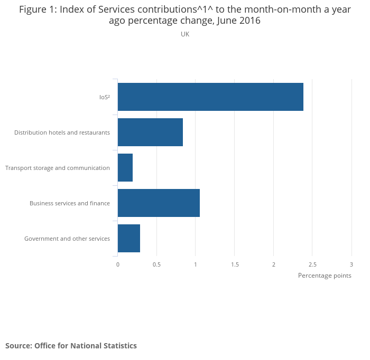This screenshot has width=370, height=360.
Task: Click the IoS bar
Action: tap(210, 97)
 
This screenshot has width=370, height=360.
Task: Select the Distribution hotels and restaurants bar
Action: tap(150, 132)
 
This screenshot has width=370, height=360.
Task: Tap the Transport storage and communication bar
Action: tap(125, 167)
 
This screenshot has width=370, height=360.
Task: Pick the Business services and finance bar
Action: tap(159, 203)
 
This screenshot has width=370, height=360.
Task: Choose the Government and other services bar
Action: tap(129, 238)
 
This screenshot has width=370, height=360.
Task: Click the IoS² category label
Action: tap(105, 97)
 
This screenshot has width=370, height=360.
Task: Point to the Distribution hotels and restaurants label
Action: tap(62, 132)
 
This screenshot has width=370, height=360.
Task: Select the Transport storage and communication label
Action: tap(58, 168)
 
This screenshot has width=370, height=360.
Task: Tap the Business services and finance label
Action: tap(70, 203)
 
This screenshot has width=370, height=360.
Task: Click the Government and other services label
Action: tap(67, 239)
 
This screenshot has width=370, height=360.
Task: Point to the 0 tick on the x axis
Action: tap(118, 264)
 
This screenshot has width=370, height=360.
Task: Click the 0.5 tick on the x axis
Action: tap(156, 264)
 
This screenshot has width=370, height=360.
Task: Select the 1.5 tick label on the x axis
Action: tap(235, 264)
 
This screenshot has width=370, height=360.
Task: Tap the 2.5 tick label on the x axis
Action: tap(312, 264)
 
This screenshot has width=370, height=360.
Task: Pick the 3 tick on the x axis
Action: tap(351, 264)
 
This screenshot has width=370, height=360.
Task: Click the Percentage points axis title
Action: tap(325, 276)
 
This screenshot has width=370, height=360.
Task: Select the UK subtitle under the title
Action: tap(185, 34)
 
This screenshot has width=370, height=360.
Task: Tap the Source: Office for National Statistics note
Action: tap(71, 346)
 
